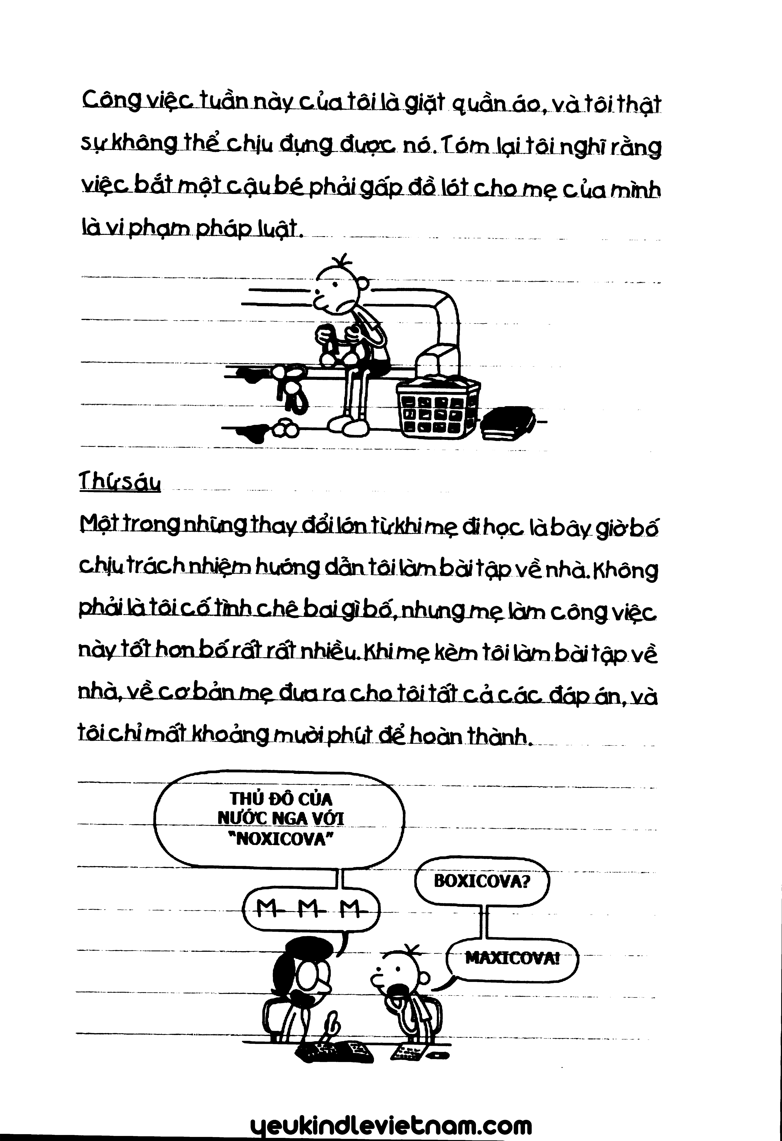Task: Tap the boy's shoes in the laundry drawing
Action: (x=349, y=424)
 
